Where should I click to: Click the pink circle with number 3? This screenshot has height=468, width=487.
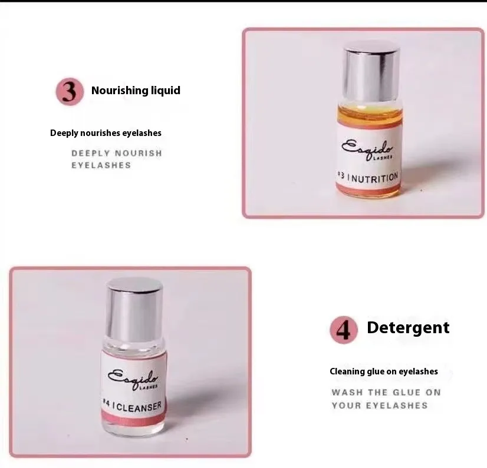(70, 91)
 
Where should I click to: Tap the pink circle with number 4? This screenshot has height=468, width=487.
(344, 330)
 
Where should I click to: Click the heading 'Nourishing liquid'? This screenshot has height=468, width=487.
(136, 91)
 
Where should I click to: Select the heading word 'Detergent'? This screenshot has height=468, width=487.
(408, 328)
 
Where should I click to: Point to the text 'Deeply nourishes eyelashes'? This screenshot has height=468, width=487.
(106, 133)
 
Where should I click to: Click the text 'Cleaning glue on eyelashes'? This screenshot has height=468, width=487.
(384, 371)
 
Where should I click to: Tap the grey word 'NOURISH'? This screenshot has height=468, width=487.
(139, 153)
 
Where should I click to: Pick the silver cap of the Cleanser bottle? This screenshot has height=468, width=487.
(134, 308)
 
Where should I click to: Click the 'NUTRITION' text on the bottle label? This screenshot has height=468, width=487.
(375, 178)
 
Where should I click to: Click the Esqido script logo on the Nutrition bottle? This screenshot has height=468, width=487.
(367, 150)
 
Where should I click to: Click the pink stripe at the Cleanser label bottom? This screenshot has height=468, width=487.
(133, 419)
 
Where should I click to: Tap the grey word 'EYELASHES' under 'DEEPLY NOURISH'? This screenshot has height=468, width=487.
(101, 165)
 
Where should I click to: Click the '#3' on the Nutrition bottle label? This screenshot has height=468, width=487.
(341, 176)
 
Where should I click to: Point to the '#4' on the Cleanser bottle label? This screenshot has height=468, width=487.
(107, 403)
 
